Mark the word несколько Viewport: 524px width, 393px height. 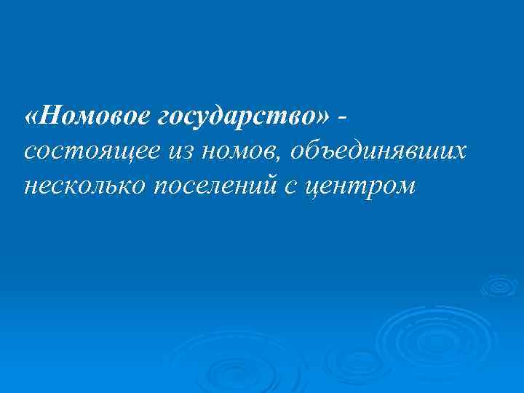86,187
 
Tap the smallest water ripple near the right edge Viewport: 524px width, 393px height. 499,285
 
